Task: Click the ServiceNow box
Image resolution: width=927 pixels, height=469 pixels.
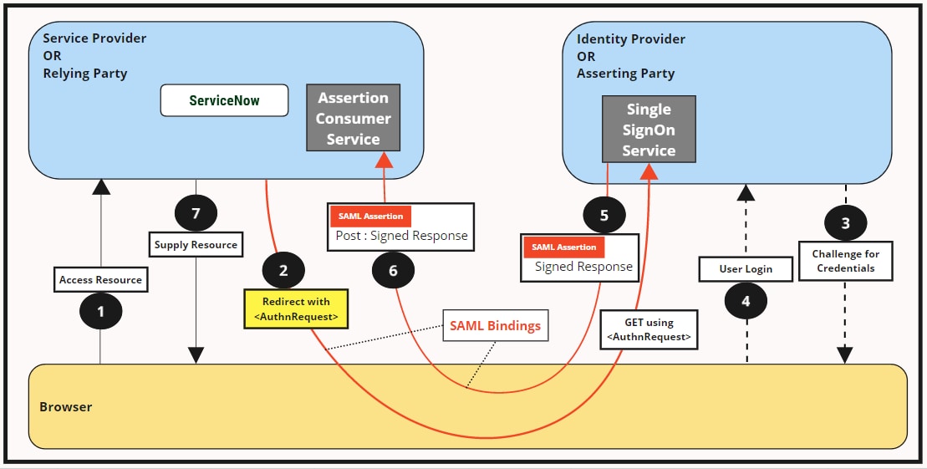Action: pyautogui.click(x=224, y=100)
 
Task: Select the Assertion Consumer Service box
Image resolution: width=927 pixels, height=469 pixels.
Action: pyautogui.click(x=353, y=118)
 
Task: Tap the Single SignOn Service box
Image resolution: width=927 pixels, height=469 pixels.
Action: pyautogui.click(x=649, y=130)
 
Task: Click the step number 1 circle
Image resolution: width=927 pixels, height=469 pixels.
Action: pyautogui.click(x=100, y=311)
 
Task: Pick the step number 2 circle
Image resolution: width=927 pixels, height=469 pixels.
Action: pyautogui.click(x=283, y=269)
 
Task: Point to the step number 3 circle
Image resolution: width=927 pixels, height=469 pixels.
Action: pyautogui.click(x=845, y=223)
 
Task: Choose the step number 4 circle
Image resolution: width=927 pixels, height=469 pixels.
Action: pyautogui.click(x=746, y=300)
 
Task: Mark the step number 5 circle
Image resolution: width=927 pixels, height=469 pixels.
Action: pyautogui.click(x=604, y=215)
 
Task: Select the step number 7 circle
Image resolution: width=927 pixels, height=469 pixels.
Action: pyautogui.click(x=196, y=213)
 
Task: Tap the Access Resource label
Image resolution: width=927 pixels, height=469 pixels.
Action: pyautogui.click(x=100, y=280)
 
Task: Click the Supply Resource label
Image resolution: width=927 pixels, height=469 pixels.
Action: pyautogui.click(x=196, y=246)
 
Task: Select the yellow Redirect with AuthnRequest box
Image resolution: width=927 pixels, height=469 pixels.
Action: pyautogui.click(x=296, y=308)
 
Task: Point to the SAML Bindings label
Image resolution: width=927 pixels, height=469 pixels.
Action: pyautogui.click(x=495, y=325)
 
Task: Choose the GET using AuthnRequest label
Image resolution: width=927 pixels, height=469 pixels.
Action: pyautogui.click(x=648, y=329)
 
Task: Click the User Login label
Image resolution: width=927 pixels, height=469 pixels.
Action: pyautogui.click(x=746, y=269)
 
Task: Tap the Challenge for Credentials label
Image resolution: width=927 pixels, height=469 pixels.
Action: pyautogui.click(x=845, y=261)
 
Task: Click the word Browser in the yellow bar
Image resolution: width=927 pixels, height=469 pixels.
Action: pyautogui.click(x=66, y=407)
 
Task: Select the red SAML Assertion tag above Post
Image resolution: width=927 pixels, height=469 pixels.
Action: pyautogui.click(x=370, y=216)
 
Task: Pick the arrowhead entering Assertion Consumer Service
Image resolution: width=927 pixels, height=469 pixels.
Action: pyautogui.click(x=384, y=161)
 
